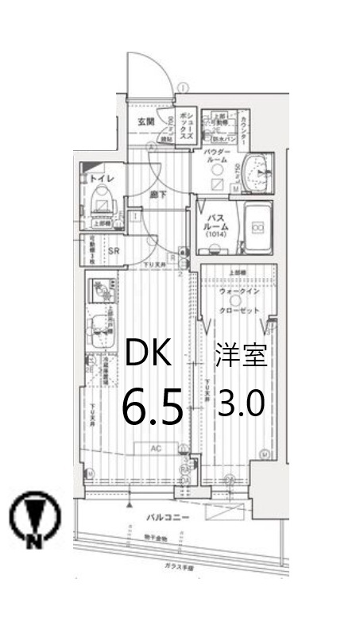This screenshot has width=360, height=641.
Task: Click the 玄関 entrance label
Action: pos(145,122)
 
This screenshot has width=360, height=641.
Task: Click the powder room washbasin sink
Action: pos(256,170)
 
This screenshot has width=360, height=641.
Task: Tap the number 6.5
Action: pos(153,406)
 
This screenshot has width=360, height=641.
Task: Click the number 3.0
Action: pos(241,405)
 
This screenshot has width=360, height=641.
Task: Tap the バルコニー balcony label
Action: pos(167,517)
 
